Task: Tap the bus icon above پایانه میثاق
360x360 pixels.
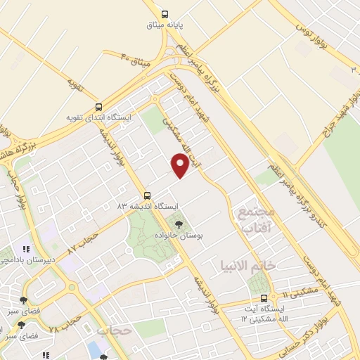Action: pyautogui.click(x=165, y=13)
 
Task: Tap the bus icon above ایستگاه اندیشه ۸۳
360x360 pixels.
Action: pyautogui.click(x=147, y=195)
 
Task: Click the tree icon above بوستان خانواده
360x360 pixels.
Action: pyautogui.click(x=178, y=225)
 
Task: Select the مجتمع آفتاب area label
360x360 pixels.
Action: pyautogui.click(x=254, y=220)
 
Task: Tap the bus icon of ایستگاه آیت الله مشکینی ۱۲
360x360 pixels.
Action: pyautogui.click(x=264, y=298)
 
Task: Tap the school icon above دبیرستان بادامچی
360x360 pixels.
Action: pyautogui.click(x=26, y=249)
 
